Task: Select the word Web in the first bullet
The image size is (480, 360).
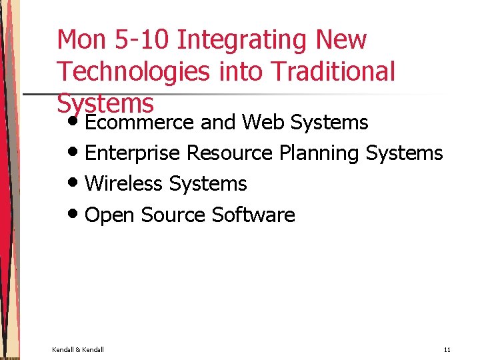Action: pos(263,122)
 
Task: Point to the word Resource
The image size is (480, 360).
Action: pos(229,153)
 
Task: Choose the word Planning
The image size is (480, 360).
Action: pos(319,153)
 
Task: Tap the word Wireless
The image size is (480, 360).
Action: pos(124,183)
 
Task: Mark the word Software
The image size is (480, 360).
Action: pos(253,215)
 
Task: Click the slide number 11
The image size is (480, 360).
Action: pos(447,349)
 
